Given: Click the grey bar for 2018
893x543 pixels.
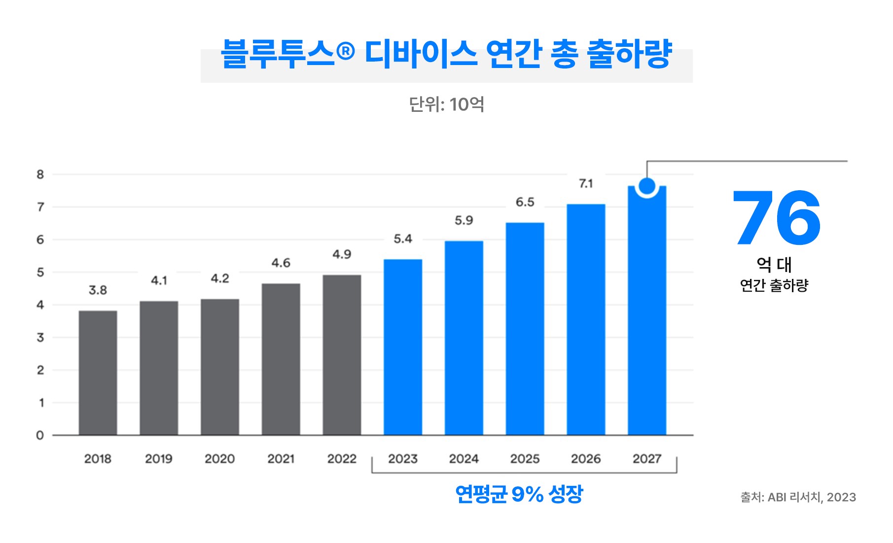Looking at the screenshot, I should click(98, 373).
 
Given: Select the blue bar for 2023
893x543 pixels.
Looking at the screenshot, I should click(402, 347).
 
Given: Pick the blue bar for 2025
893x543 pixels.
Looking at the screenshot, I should click(525, 329).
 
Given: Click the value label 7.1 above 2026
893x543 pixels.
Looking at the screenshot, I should click(586, 184).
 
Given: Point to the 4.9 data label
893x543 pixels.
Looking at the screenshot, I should click(342, 254).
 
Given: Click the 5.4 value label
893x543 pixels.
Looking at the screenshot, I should click(402, 239).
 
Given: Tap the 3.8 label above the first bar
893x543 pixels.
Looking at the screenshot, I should click(98, 290).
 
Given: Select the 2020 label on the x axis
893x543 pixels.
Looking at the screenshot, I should click(219, 459).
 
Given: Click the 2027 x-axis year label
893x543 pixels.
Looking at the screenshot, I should click(646, 459).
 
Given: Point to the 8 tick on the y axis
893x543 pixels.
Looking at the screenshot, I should click(40, 174).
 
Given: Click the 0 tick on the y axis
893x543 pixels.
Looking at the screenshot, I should click(40, 436).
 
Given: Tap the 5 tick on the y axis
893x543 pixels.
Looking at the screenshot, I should click(40, 272).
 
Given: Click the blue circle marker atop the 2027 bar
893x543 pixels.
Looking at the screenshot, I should click(646, 186).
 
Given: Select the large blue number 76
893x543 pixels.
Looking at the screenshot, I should click(777, 218).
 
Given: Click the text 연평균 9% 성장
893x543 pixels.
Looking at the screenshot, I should click(519, 494).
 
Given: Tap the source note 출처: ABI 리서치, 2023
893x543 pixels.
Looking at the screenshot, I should click(798, 497).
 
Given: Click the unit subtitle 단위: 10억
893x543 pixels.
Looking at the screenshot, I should click(446, 104).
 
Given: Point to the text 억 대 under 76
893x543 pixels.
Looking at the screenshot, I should click(774, 265).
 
